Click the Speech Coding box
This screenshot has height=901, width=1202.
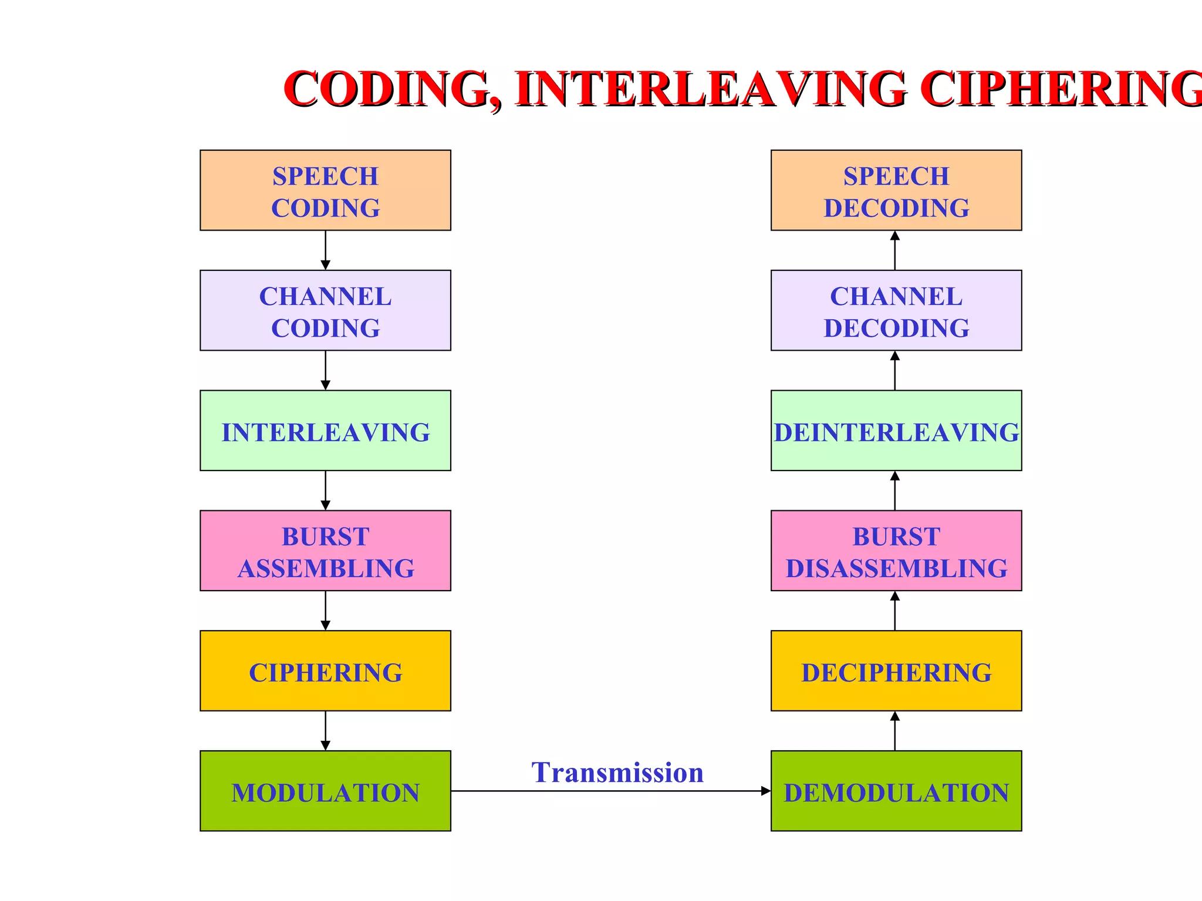point(325,190)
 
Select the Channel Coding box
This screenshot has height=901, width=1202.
point(325,310)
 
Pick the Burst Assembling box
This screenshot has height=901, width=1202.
point(325,551)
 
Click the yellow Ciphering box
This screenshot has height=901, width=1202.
point(325,671)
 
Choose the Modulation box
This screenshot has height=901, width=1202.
point(325,791)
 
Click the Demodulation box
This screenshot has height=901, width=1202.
point(896,791)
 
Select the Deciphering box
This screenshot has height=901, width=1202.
point(896,671)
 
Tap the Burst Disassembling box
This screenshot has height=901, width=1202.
point(896,551)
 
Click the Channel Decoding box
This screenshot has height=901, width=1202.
point(896,310)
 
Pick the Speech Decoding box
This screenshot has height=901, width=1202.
point(896,190)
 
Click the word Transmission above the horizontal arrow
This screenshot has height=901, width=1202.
point(617,773)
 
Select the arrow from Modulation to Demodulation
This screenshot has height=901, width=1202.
point(610,791)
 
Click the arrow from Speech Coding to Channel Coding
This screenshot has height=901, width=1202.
point(326,250)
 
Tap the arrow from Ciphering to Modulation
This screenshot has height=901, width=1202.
point(326,731)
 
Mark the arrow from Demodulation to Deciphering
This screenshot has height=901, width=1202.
point(895,731)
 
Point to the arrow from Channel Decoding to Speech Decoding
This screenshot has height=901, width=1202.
point(895,250)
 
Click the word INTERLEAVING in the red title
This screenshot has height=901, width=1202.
point(711,89)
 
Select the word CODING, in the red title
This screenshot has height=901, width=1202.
point(393,89)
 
